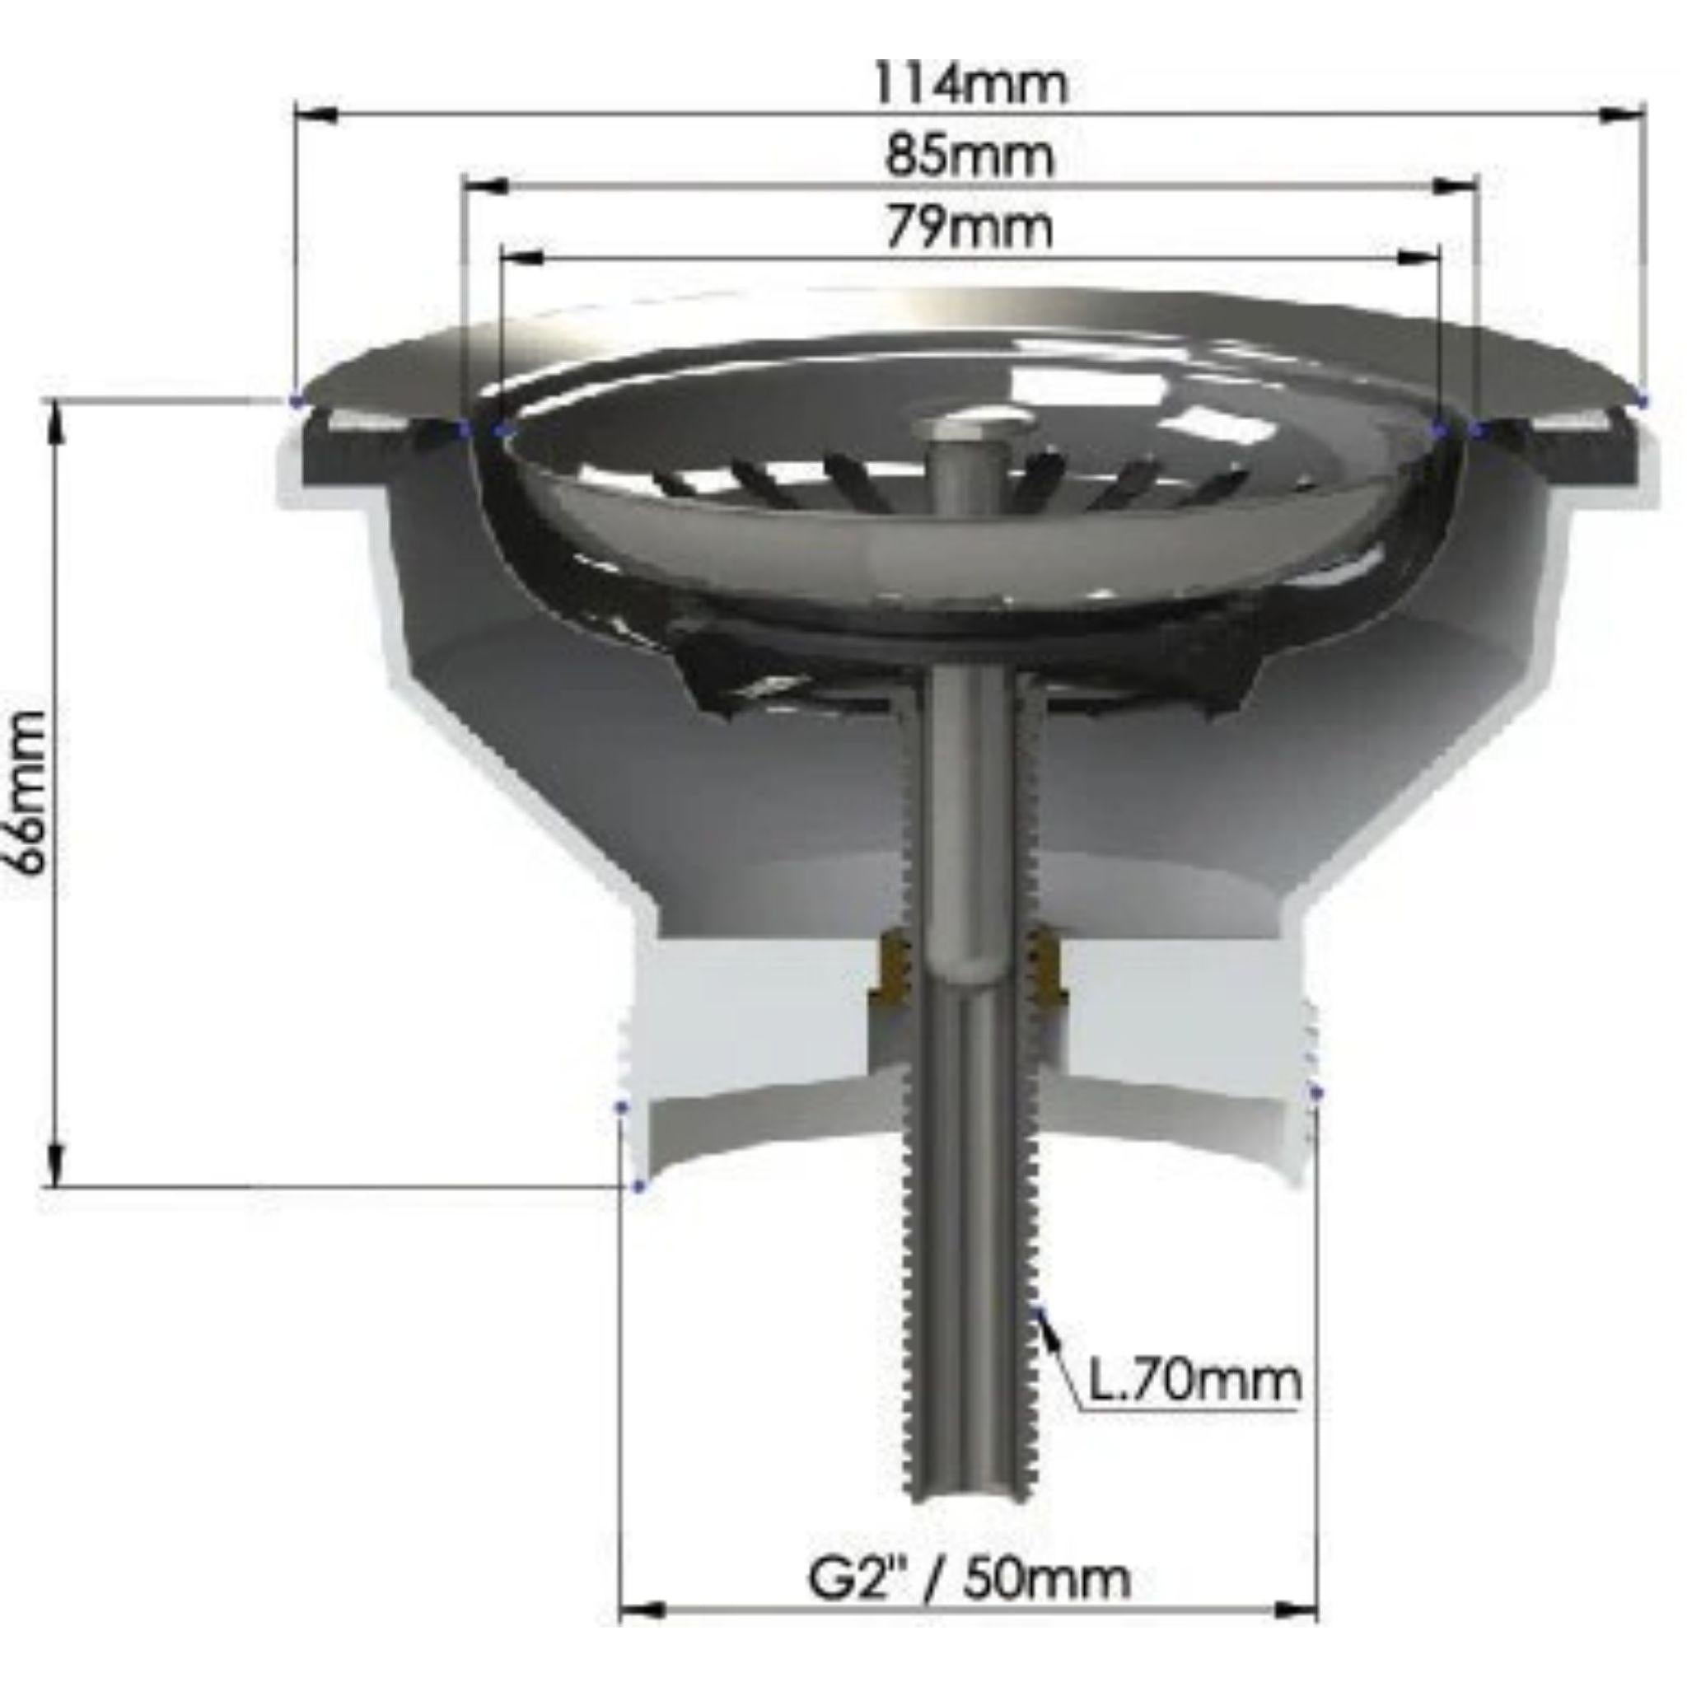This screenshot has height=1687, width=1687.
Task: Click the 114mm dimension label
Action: [970, 84]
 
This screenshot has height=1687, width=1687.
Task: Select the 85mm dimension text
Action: [970, 157]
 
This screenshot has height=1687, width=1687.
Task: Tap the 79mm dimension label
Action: [970, 228]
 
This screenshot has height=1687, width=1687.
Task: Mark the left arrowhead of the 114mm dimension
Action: [316, 115]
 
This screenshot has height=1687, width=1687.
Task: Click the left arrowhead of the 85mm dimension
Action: [484, 186]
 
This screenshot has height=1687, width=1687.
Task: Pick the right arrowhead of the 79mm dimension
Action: [1419, 258]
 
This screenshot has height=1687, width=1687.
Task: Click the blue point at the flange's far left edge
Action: [295, 402]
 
